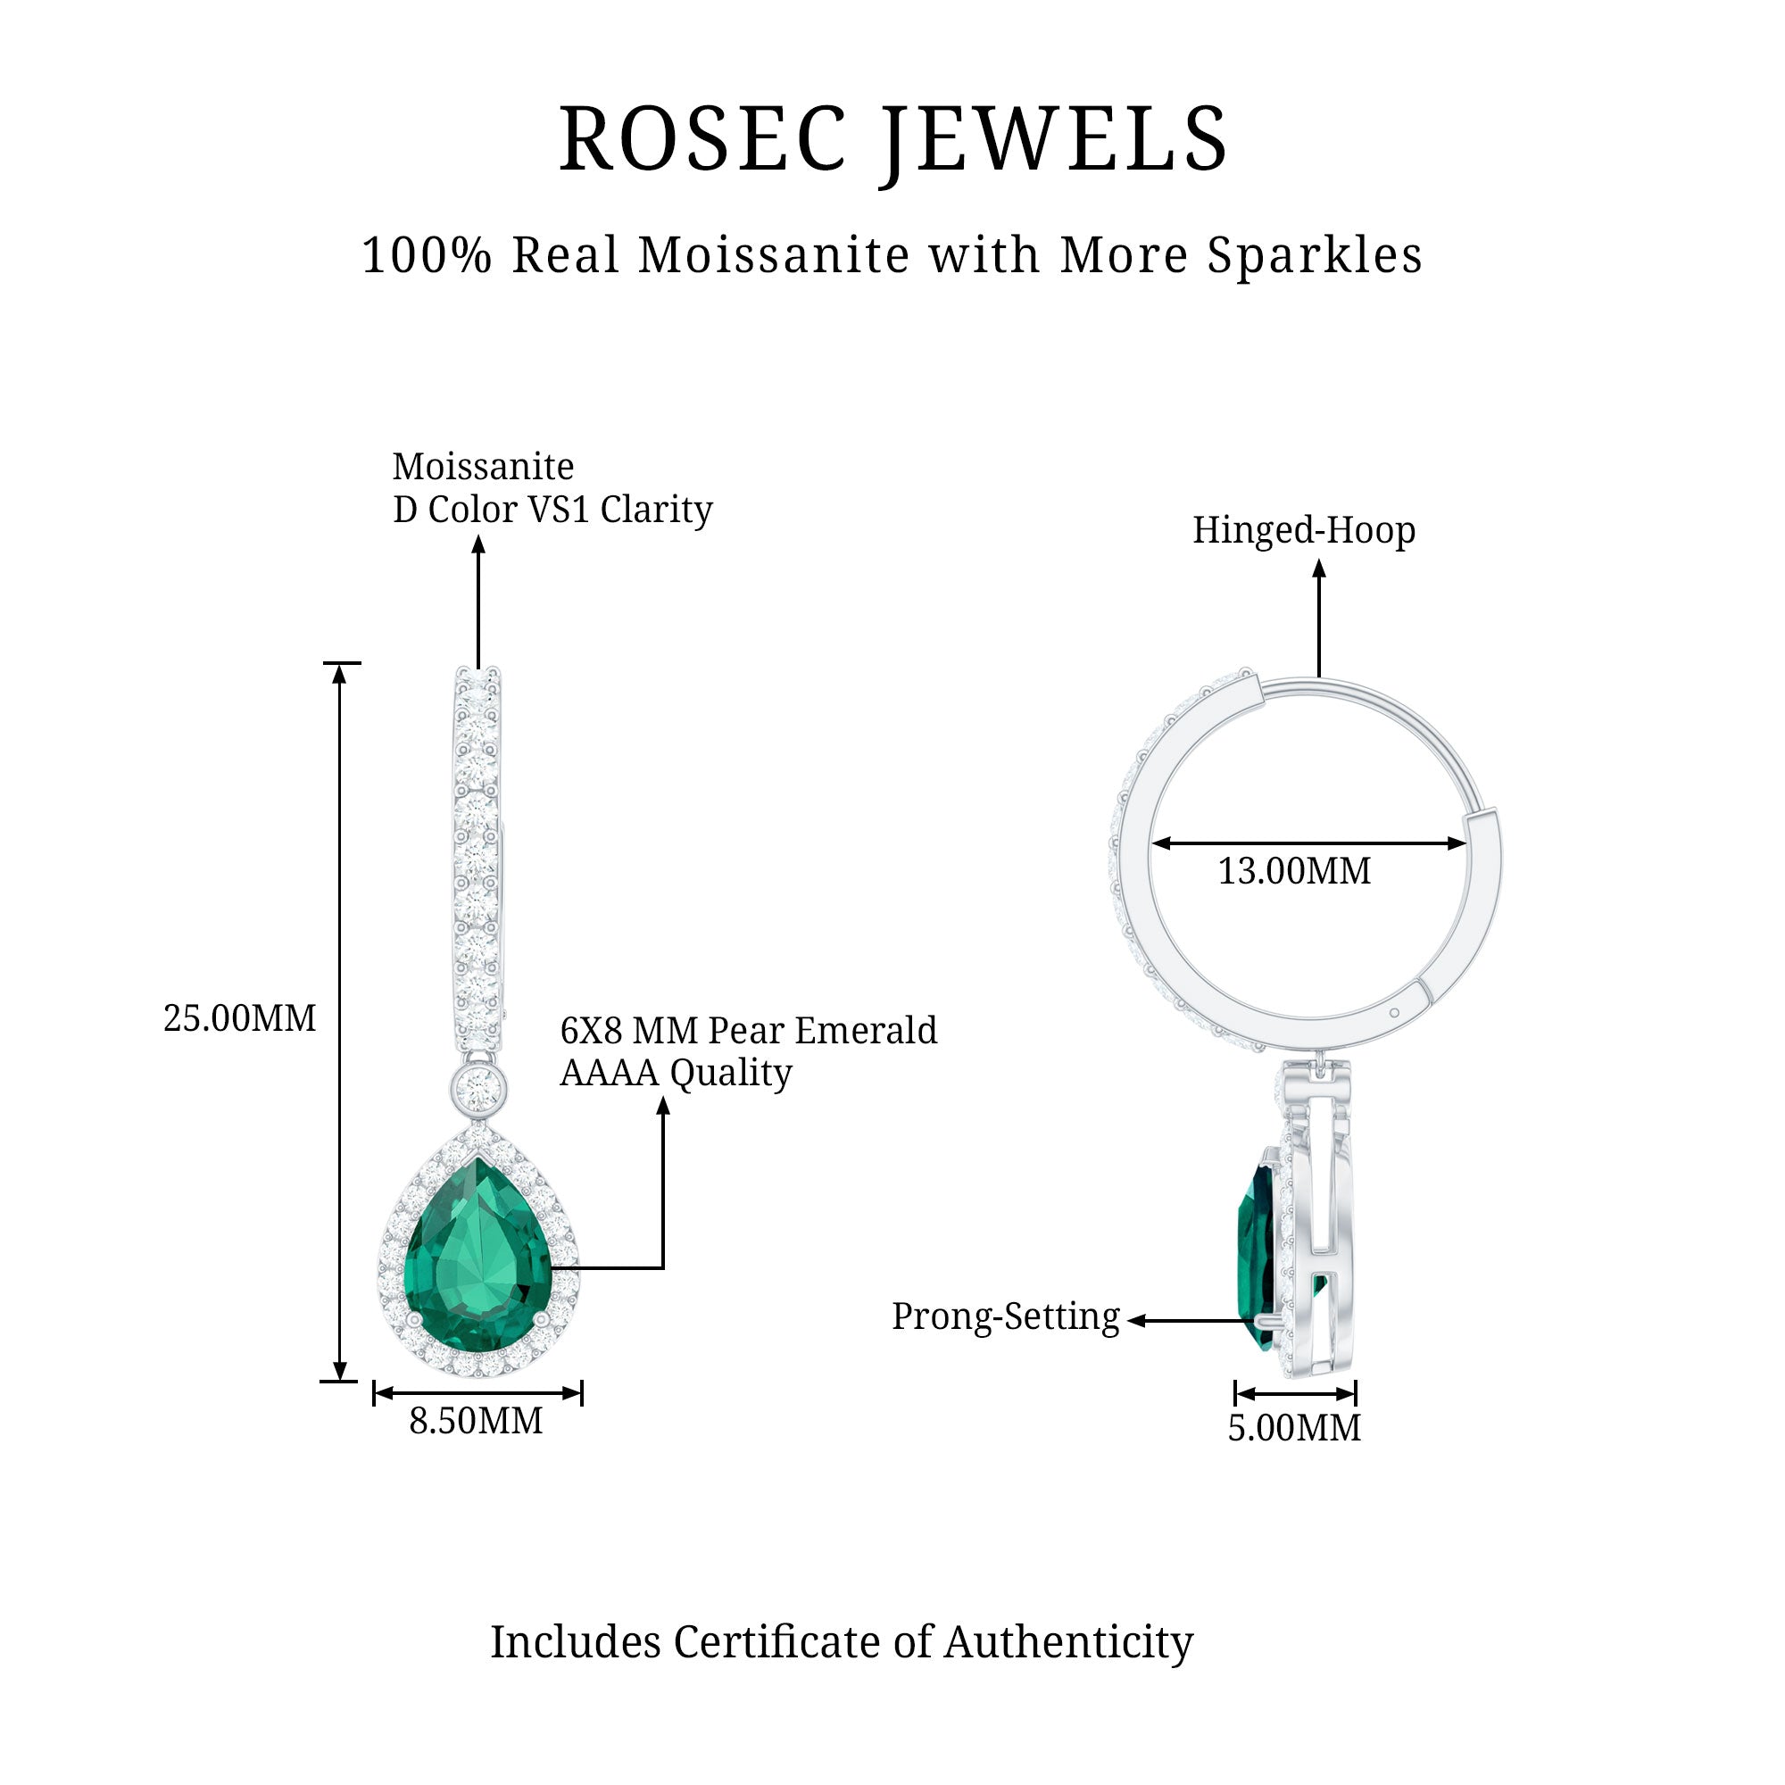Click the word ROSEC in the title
tap(702, 140)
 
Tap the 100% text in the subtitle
tap(426, 255)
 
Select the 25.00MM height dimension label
tap(239, 1018)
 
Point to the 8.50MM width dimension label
tap(476, 1421)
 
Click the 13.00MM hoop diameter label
tap(1293, 871)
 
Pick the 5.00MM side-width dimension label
tap(1293, 1428)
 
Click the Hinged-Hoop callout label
tap(1304, 530)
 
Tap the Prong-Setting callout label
tap(1005, 1316)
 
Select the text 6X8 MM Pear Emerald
tap(749, 1030)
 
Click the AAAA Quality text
tap(676, 1073)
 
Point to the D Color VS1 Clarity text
tap(552, 509)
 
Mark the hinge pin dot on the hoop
tap(1394, 1013)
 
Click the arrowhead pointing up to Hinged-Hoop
tap(1319, 569)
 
